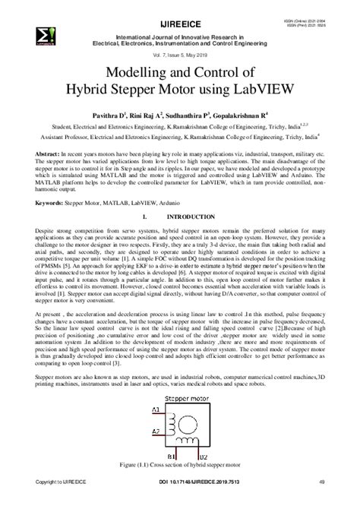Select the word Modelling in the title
135,68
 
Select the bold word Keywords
40,203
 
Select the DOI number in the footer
180,501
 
